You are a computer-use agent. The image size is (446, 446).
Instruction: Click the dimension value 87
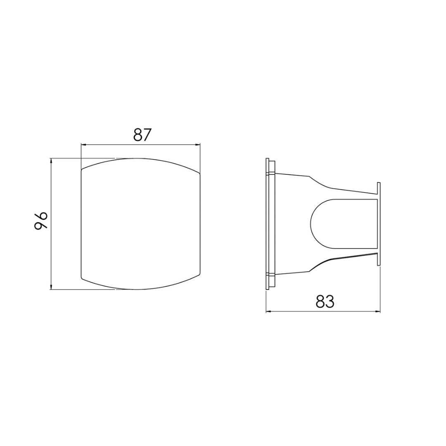[143, 135]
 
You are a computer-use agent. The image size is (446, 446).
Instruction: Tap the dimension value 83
[325, 302]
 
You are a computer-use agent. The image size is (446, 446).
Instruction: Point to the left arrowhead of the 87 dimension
[83, 145]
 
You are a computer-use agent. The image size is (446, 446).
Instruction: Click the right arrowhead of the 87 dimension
[198, 145]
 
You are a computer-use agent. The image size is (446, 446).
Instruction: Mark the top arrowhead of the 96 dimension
[51, 160]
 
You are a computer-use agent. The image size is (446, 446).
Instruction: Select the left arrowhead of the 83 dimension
[268, 311]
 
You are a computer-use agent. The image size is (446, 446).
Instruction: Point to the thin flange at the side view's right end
[379, 224]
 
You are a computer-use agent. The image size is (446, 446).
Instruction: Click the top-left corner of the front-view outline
[82, 170]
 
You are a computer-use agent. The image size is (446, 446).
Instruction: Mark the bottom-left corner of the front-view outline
[82, 278]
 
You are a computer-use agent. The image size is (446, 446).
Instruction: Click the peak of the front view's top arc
[136, 158]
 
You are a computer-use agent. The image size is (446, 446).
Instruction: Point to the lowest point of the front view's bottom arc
[136, 289]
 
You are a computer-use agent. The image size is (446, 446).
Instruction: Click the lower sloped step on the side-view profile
[320, 264]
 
